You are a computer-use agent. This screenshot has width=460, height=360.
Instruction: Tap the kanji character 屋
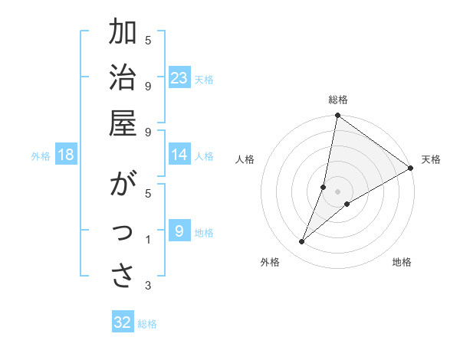coord(123,123)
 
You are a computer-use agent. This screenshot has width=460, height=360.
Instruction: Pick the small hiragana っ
coord(123,233)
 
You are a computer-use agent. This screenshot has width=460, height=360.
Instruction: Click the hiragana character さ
coord(123,277)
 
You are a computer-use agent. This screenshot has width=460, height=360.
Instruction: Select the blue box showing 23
coord(179,78)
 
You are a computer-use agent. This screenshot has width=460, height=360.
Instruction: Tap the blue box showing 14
coord(179,155)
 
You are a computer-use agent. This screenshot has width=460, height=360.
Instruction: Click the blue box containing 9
coord(179,231)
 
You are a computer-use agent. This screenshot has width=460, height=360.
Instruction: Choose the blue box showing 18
coord(66,155)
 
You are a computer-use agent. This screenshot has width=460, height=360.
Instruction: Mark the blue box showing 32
coord(123,322)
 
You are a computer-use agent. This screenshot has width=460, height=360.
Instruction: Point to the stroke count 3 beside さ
coord(148,286)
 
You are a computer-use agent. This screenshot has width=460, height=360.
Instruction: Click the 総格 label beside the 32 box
coord(147,324)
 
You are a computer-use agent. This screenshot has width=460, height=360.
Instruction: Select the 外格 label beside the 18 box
coord(41,156)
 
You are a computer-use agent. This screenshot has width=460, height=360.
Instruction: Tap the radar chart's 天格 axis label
coord(431,159)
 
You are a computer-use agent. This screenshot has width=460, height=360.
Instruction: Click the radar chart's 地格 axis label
coord(402,263)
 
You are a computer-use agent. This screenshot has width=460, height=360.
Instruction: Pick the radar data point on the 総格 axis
coord(337,116)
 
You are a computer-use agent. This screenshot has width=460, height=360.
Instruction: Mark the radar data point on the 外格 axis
coord(302,242)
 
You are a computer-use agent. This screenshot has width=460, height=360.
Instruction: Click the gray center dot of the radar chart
coord(337,191)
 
